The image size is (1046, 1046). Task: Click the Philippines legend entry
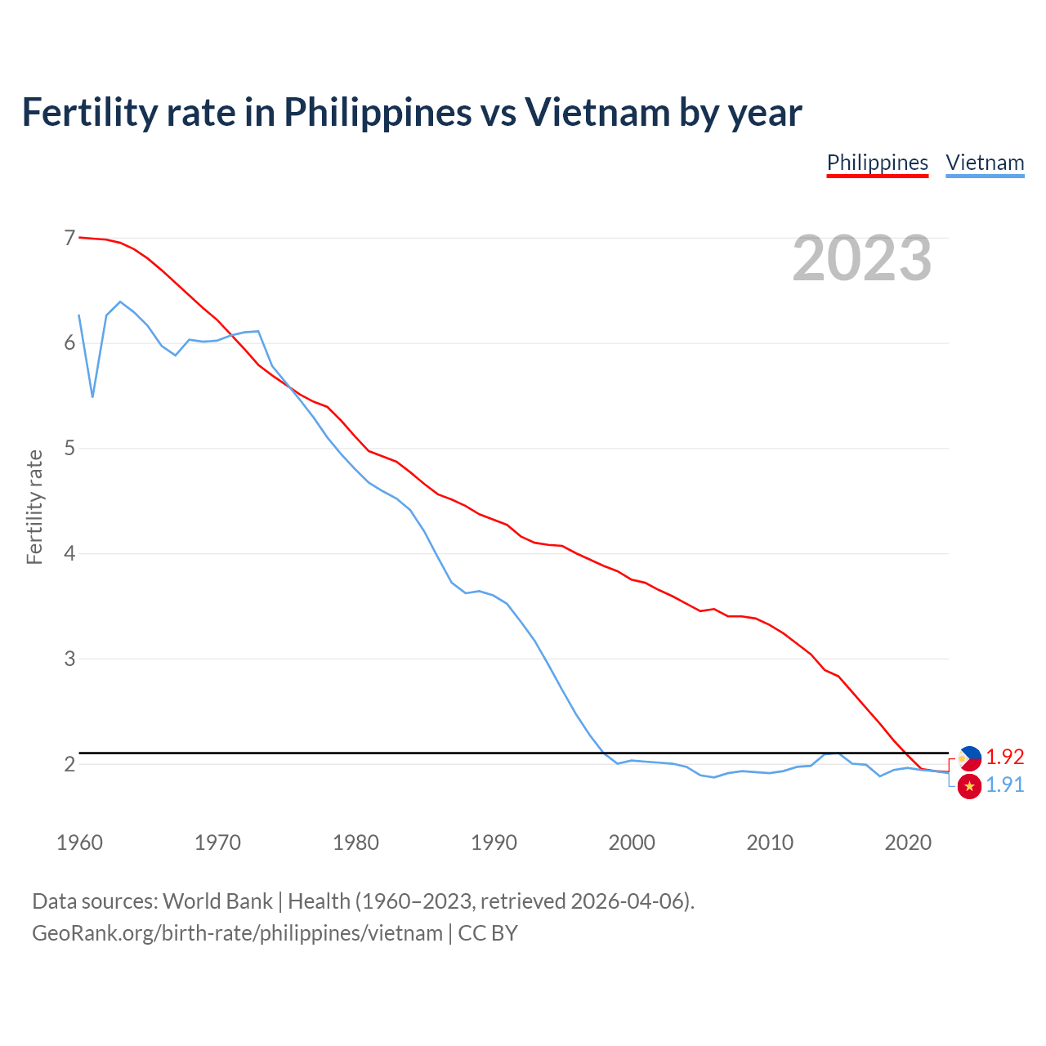(x=877, y=163)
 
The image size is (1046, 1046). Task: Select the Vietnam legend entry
(x=985, y=163)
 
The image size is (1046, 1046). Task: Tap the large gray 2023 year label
(x=862, y=258)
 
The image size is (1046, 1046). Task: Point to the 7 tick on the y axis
(x=69, y=238)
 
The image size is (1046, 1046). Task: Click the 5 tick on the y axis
(x=69, y=448)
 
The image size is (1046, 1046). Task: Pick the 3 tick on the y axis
(x=69, y=659)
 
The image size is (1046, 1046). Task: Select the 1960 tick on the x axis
(x=79, y=843)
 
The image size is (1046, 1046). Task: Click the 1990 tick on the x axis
(x=494, y=843)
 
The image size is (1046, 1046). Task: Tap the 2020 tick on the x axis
(x=908, y=843)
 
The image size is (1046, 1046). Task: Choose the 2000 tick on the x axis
(x=632, y=843)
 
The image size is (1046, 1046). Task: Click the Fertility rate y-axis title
(x=34, y=507)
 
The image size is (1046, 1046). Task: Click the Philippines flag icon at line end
(x=969, y=758)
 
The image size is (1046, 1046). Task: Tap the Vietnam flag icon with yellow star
(x=969, y=786)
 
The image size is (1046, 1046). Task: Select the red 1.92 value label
(x=1004, y=757)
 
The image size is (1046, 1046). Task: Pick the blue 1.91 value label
(x=1004, y=784)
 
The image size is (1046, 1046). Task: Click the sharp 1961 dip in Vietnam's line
(x=92, y=396)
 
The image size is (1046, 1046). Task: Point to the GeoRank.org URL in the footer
(x=237, y=932)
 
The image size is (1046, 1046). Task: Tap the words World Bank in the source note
(x=217, y=901)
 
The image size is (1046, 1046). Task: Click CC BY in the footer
(x=488, y=932)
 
